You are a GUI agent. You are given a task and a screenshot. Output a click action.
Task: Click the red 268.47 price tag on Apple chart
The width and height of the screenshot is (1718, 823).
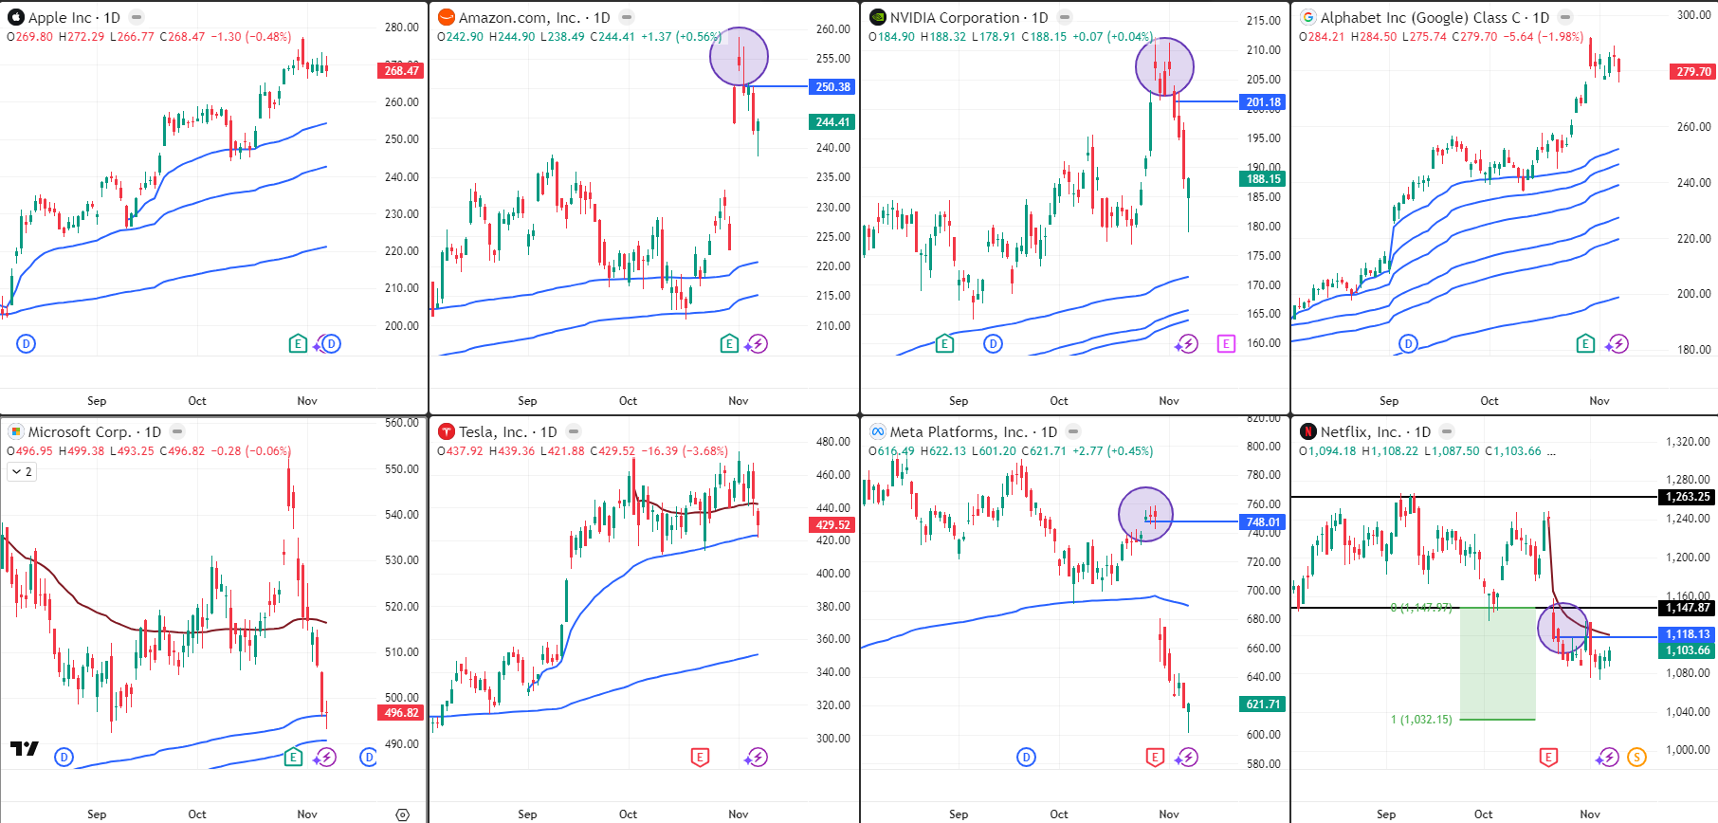402,71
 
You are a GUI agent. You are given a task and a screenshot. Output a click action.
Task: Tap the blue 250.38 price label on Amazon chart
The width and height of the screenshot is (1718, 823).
832,87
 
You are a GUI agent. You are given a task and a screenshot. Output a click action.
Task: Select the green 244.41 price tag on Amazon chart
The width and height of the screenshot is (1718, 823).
832,122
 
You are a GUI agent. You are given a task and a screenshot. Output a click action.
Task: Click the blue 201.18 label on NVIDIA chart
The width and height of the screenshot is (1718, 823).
1263,102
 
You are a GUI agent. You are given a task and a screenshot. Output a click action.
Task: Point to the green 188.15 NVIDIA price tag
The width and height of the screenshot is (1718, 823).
1263,179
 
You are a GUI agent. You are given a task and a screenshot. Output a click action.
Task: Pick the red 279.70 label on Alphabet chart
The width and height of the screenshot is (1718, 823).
1693,72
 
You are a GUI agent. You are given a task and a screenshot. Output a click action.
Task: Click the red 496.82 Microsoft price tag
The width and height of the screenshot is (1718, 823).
401,713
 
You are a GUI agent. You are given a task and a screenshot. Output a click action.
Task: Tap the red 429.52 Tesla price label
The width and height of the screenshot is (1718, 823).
832,525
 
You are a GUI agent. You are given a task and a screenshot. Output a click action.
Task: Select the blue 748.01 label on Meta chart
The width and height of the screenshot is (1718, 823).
1263,522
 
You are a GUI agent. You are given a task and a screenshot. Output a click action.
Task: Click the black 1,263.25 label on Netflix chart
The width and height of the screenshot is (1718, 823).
1688,497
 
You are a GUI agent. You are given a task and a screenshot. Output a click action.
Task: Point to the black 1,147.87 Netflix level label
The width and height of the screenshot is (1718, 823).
1688,608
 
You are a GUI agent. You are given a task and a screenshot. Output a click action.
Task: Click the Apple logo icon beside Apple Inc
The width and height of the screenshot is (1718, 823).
15,17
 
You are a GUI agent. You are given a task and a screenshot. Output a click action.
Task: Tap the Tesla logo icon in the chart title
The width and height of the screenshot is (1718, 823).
447,431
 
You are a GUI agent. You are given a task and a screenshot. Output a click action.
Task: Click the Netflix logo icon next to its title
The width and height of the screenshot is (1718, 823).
1308,431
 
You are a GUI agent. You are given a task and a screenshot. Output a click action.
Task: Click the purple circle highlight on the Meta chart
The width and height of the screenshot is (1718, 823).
1145,515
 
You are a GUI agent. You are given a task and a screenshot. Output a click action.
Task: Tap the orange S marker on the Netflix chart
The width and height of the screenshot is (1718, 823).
1636,757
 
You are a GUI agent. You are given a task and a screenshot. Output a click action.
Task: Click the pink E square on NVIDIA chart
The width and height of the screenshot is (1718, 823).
1226,343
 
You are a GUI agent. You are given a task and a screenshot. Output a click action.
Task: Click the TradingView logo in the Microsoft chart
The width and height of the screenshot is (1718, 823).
25,748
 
